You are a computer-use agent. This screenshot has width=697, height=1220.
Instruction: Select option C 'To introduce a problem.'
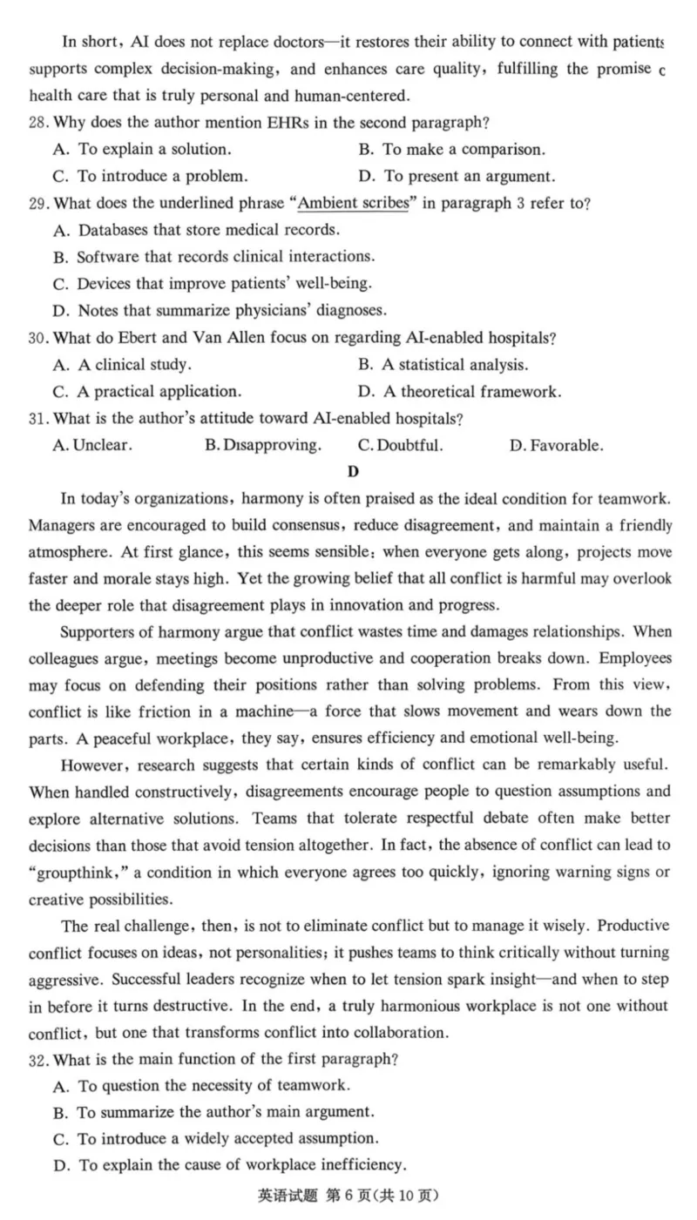click(x=161, y=176)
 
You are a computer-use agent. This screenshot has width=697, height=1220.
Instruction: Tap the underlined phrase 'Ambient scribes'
click(x=353, y=204)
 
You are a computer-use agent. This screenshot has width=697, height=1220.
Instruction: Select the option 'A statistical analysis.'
click(x=454, y=364)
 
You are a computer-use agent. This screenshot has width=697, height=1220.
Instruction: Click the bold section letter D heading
click(x=353, y=471)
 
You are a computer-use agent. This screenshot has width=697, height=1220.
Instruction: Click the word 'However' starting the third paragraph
click(x=90, y=765)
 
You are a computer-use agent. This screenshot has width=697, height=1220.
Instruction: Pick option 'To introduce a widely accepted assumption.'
click(x=227, y=1138)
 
